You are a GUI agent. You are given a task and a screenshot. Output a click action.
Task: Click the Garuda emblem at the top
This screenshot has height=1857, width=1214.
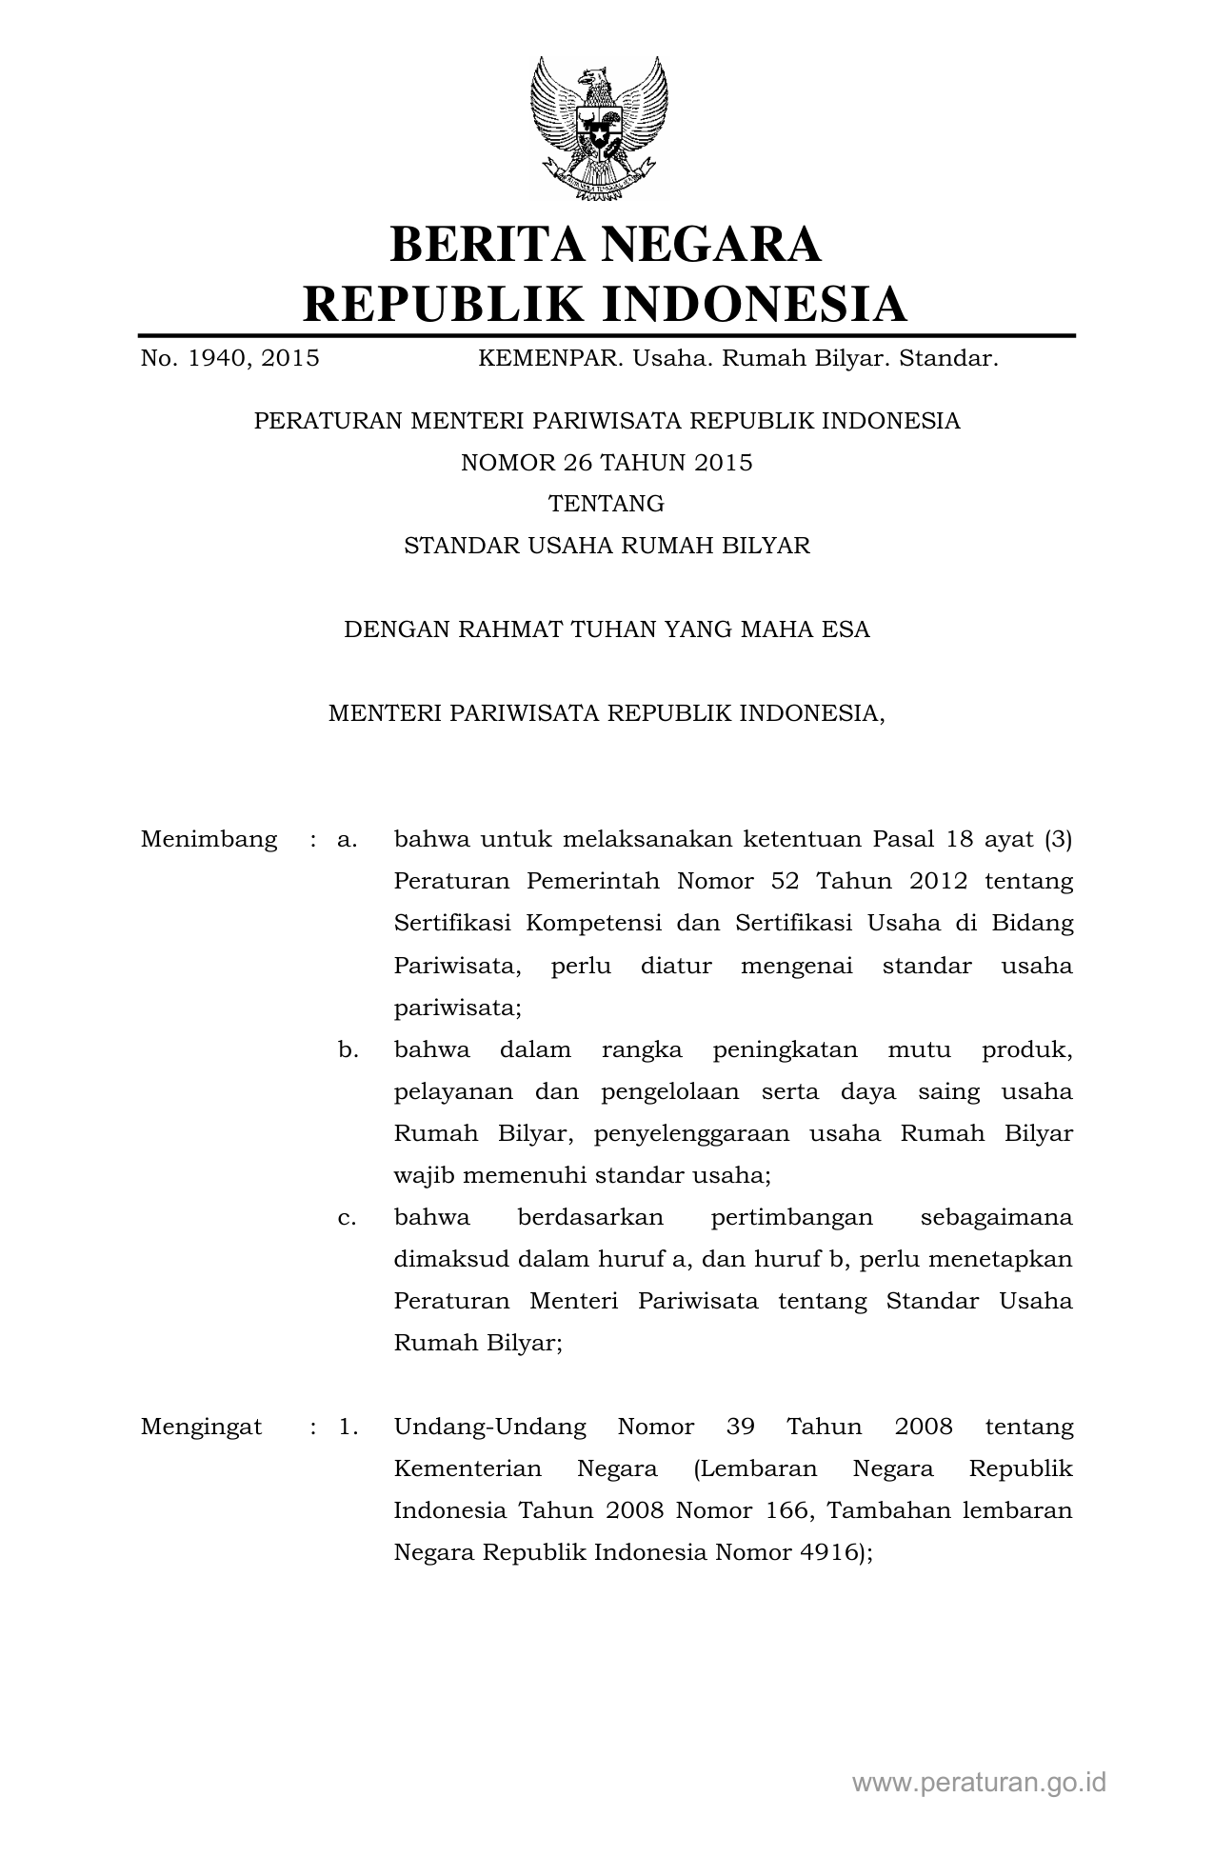599,129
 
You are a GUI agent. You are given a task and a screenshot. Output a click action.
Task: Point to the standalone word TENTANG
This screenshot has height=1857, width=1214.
607,504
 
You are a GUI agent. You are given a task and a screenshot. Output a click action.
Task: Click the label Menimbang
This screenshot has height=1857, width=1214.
209,839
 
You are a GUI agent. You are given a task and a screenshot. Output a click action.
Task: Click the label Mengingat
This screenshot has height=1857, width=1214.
201,1427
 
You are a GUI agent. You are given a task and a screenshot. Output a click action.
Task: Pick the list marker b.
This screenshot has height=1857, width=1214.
348,1049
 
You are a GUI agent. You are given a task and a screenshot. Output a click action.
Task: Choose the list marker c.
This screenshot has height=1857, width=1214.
347,1217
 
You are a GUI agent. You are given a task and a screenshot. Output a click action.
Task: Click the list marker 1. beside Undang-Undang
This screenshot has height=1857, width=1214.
348,1427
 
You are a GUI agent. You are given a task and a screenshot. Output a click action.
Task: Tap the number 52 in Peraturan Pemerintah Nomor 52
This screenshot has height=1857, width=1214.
785,881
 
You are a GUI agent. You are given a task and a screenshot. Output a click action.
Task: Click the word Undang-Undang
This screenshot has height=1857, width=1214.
489,1427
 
